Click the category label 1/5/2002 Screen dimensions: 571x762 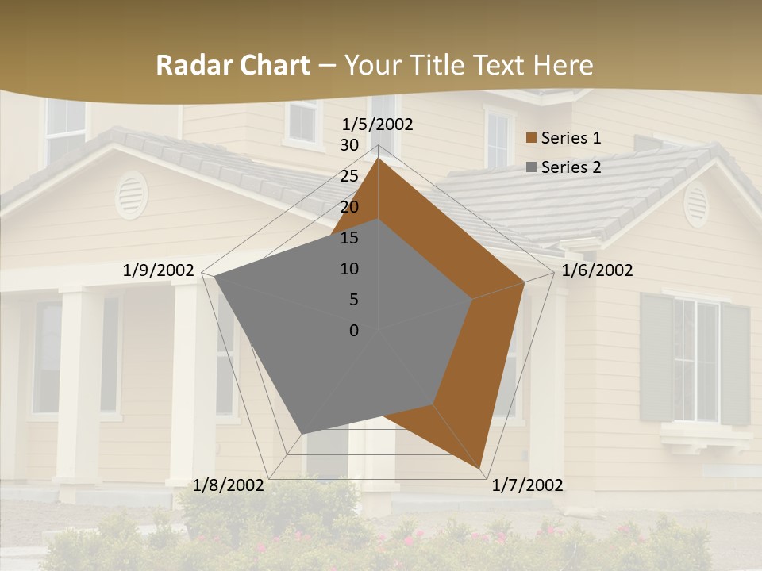point(377,125)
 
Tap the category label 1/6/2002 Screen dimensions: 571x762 point(597,270)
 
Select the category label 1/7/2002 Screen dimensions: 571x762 point(527,485)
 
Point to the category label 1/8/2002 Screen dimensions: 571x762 point(229,485)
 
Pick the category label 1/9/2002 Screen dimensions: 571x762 point(159,270)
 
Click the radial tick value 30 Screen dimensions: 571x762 point(349,145)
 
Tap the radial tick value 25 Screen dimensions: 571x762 point(349,176)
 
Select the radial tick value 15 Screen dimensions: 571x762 point(349,238)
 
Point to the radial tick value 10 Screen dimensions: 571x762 point(349,269)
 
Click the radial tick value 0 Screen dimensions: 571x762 point(354,331)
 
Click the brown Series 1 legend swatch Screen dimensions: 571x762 point(532,138)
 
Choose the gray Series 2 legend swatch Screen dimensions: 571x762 point(532,167)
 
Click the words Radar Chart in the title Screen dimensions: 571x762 point(233,65)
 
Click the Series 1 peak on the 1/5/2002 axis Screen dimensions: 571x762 point(378,159)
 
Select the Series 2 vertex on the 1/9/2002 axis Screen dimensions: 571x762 point(214,277)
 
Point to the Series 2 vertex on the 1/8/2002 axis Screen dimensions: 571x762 point(302,433)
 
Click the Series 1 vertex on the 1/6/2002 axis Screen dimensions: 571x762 point(525,282)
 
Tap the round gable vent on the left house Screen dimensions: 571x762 point(131,194)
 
